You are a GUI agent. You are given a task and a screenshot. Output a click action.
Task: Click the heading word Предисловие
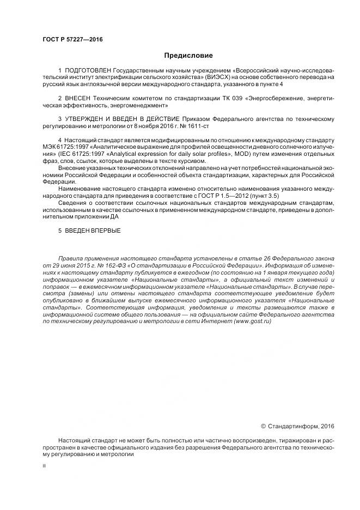coord(188,55)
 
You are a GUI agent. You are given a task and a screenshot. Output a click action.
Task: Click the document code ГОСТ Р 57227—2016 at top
coord(72,40)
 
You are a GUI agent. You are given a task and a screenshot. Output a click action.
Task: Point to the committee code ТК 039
coord(223,99)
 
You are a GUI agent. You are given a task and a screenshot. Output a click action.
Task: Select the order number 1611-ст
coord(198,126)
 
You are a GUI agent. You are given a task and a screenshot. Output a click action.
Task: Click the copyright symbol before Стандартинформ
coord(264,426)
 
